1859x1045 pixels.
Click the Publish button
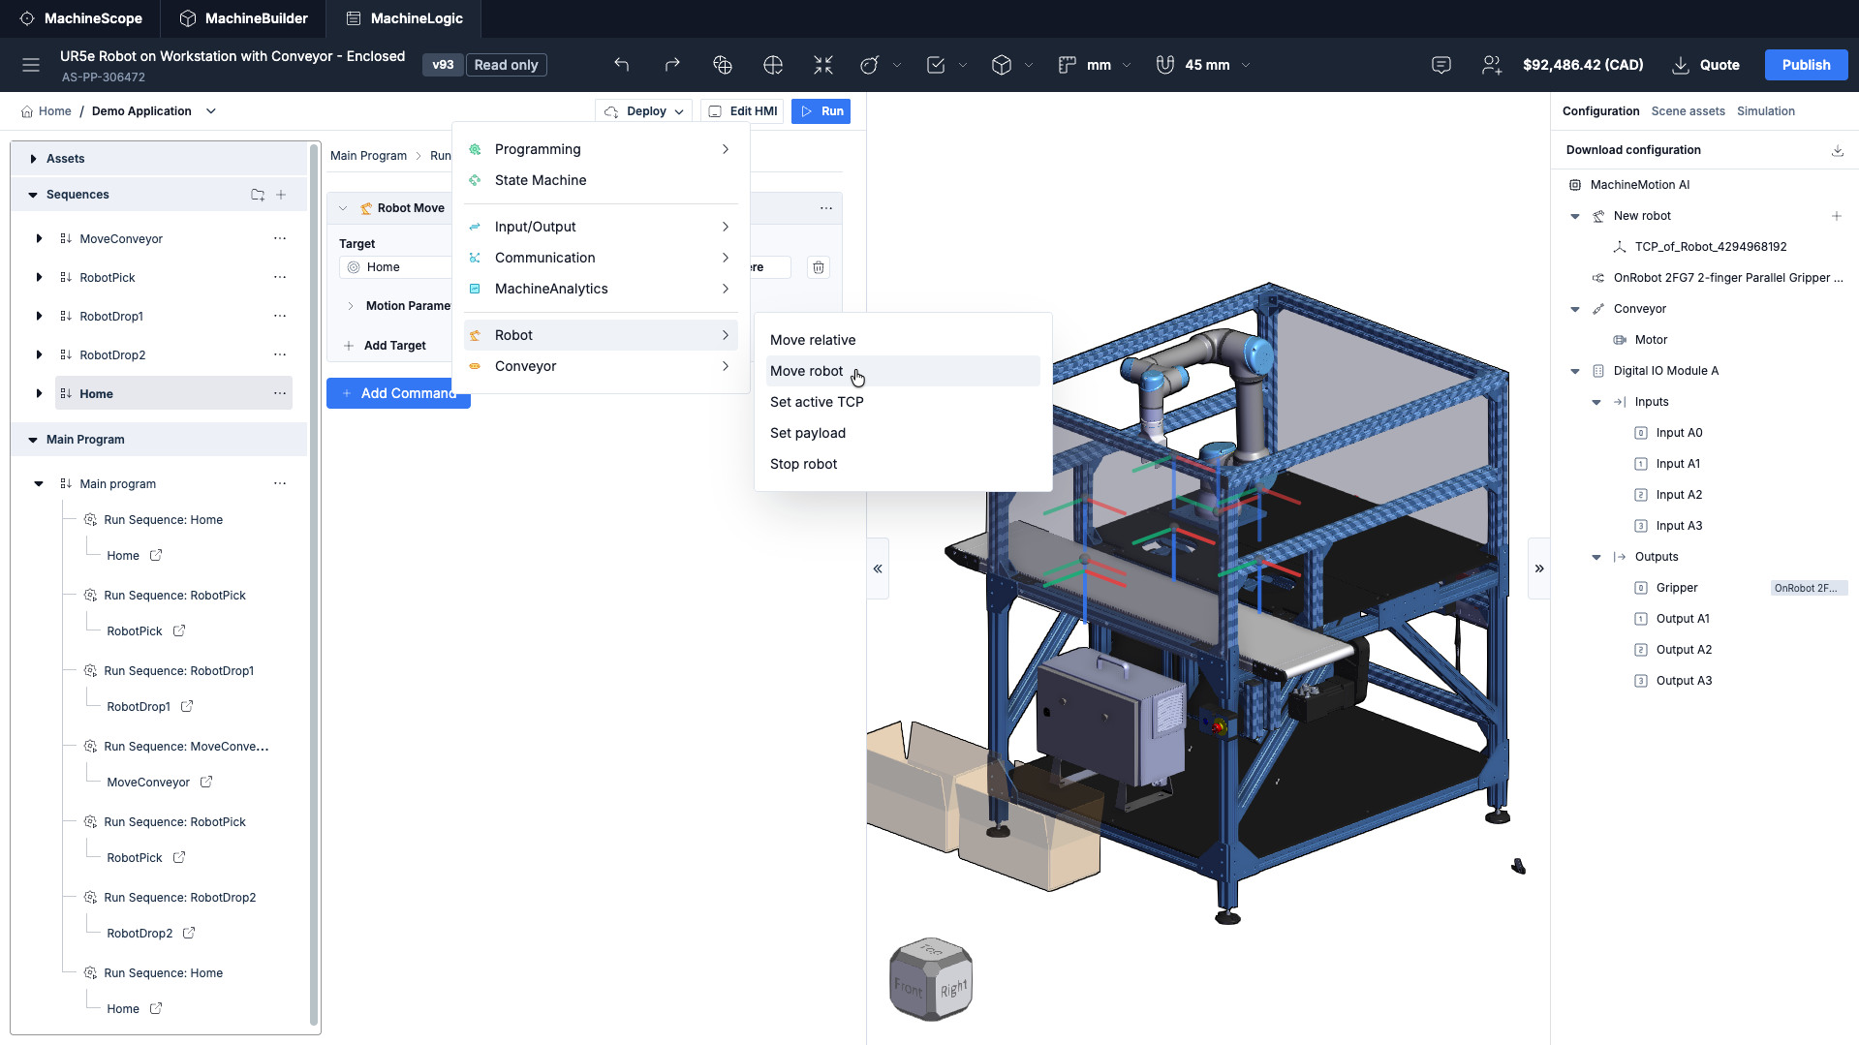1806,65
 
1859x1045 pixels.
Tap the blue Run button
821,111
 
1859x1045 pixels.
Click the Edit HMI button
742,111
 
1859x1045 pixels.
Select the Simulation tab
1765,111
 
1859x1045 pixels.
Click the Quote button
1706,65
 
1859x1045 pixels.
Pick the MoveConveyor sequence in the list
121,239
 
